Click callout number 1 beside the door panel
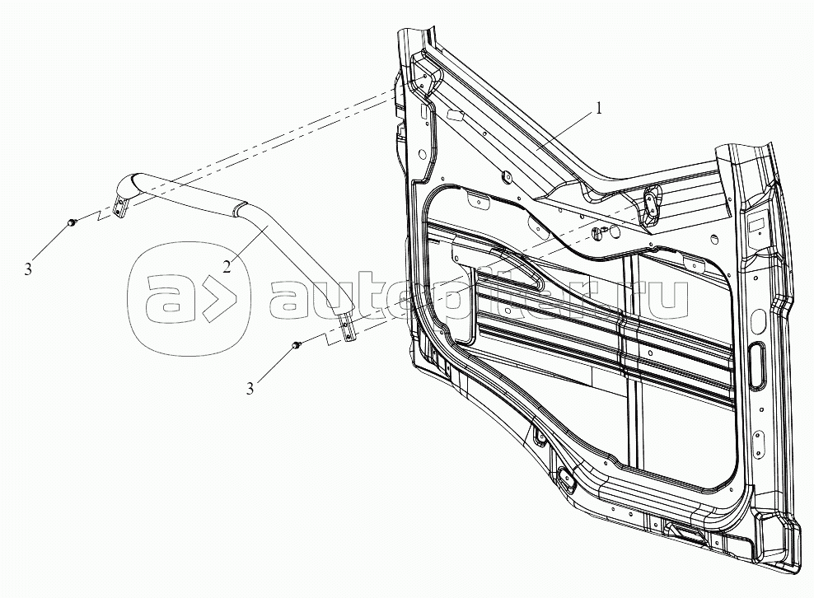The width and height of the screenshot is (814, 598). [599, 109]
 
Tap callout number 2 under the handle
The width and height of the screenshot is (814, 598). [227, 267]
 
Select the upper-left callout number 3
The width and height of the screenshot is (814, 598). [28, 269]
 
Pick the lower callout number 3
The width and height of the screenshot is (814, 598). [250, 388]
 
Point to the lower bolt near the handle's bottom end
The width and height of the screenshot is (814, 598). [297, 344]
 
